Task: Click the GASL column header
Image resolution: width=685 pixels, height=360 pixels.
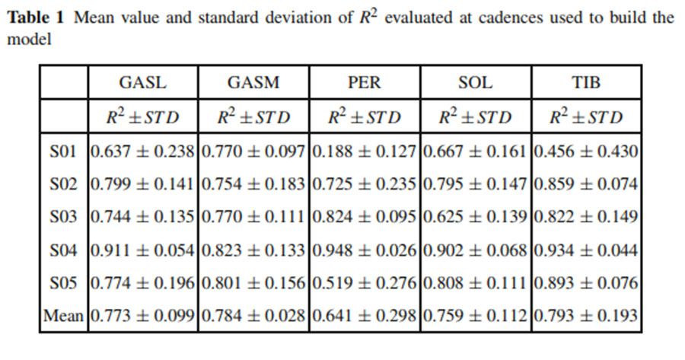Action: click(142, 82)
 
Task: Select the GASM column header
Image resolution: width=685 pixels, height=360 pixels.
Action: click(253, 82)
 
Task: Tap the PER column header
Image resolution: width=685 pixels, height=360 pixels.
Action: click(364, 82)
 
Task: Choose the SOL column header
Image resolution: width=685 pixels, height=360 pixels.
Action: click(475, 82)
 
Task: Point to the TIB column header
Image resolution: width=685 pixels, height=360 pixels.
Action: click(585, 82)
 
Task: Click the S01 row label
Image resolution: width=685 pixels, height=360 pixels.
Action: click(64, 151)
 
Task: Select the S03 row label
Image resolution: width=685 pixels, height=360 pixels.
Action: click(64, 217)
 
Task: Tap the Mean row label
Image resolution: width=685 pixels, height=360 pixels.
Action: click(64, 315)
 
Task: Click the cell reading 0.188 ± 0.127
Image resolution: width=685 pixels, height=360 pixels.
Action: click(364, 151)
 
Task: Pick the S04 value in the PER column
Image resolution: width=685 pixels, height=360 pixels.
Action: click(364, 250)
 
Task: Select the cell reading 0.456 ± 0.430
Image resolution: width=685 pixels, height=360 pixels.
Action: click(585, 151)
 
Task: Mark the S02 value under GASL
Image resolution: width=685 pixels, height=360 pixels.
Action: click(142, 184)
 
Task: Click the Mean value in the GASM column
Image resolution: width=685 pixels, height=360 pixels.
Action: click(253, 315)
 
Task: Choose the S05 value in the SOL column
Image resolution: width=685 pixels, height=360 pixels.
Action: click(475, 282)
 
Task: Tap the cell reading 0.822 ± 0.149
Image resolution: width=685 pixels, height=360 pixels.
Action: click(585, 217)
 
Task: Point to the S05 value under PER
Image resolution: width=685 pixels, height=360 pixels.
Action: click(364, 282)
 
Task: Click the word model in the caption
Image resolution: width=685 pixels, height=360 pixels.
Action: click(28, 39)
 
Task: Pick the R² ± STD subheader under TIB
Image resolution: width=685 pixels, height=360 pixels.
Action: click(585, 117)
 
